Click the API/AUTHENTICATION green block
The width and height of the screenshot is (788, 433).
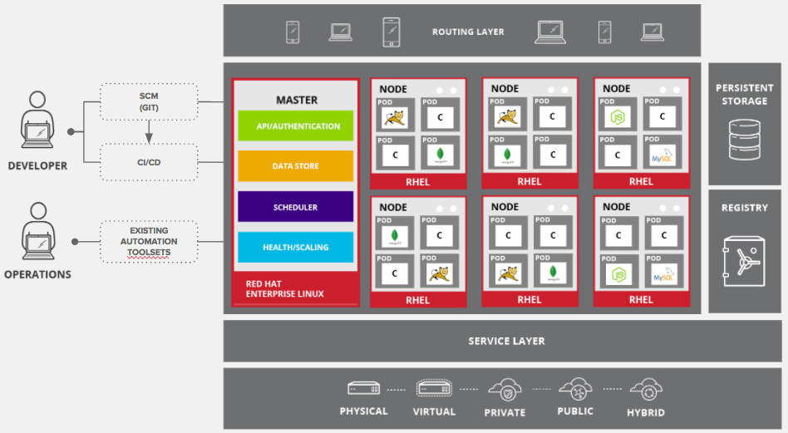coord(295,126)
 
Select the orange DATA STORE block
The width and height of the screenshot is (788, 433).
coord(295,166)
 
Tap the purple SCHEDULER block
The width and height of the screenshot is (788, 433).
coord(295,207)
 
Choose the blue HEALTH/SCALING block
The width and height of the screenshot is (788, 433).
coord(295,247)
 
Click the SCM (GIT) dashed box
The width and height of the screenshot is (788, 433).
coord(149,101)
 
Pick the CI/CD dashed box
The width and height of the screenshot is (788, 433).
coord(149,162)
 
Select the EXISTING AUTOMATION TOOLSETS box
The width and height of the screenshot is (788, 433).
coord(149,242)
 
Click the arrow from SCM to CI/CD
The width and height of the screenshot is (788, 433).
coord(149,131)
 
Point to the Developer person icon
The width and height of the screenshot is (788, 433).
coord(37,125)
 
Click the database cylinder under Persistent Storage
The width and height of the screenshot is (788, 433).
coord(744,140)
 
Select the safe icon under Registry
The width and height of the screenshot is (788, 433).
coord(744,260)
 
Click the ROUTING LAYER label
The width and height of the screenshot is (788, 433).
coord(468,32)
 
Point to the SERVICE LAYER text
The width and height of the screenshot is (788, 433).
coord(506,341)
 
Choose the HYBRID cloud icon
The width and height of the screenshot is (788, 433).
coord(645,389)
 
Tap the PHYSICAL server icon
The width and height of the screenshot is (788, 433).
coord(363,389)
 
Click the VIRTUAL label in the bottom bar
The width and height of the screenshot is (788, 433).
coord(434,411)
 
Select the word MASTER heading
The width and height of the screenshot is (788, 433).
coord(297,100)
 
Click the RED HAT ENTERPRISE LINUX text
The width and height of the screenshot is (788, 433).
coord(285,289)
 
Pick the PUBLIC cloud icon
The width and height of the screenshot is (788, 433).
coord(575,389)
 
